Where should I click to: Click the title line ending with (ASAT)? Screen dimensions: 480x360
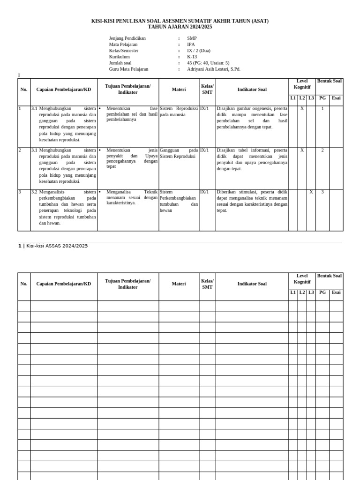coord(180,21)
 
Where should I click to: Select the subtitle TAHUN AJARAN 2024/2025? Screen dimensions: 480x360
coord(180,27)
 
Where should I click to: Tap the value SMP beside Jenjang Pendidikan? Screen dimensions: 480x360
coord(192,38)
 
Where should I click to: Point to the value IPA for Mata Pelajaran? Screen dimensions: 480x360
coord(191,45)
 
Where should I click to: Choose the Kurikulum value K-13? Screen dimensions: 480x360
coord(192,57)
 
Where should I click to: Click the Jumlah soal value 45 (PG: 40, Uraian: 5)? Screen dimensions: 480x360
coord(208,63)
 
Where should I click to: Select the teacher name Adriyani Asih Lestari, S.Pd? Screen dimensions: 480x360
coord(213,69)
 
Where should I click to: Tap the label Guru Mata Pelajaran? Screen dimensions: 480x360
coord(128,69)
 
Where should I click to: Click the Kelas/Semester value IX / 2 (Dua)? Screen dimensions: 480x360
coord(199,51)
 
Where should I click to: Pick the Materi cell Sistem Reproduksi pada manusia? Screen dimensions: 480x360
coord(179,112)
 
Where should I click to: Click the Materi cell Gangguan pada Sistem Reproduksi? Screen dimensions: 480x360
coord(179,153)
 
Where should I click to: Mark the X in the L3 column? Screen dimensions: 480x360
coord(311,192)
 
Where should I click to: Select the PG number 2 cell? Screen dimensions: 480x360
coord(322,150)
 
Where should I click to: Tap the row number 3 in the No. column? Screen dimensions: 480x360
coord(20,192)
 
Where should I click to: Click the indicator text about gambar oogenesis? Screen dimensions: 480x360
coord(252,118)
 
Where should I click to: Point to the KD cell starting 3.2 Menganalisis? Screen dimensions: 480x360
coord(64,207)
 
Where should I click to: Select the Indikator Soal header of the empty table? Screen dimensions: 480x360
coord(252,284)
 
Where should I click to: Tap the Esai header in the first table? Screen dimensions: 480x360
coord(336,98)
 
